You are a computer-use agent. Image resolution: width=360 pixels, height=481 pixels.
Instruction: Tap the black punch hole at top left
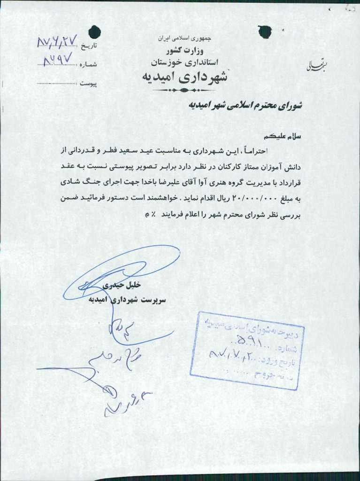tap(95, 31)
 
